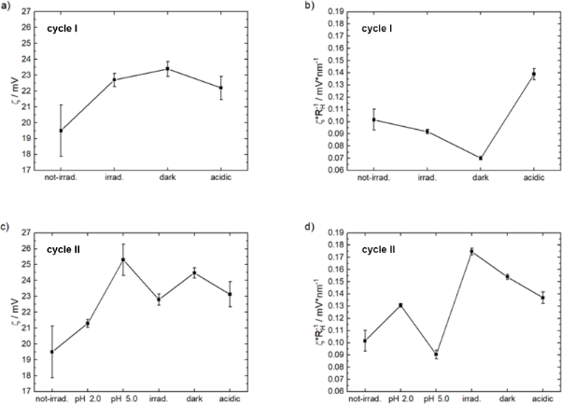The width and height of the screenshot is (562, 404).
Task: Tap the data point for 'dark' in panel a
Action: pyautogui.click(x=167, y=68)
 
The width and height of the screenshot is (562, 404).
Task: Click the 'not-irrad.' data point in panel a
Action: pyautogui.click(x=61, y=131)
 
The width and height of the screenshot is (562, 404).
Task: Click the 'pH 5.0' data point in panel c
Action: pyautogui.click(x=123, y=259)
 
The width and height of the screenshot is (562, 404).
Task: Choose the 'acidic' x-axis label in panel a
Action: pyautogui.click(x=220, y=179)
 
